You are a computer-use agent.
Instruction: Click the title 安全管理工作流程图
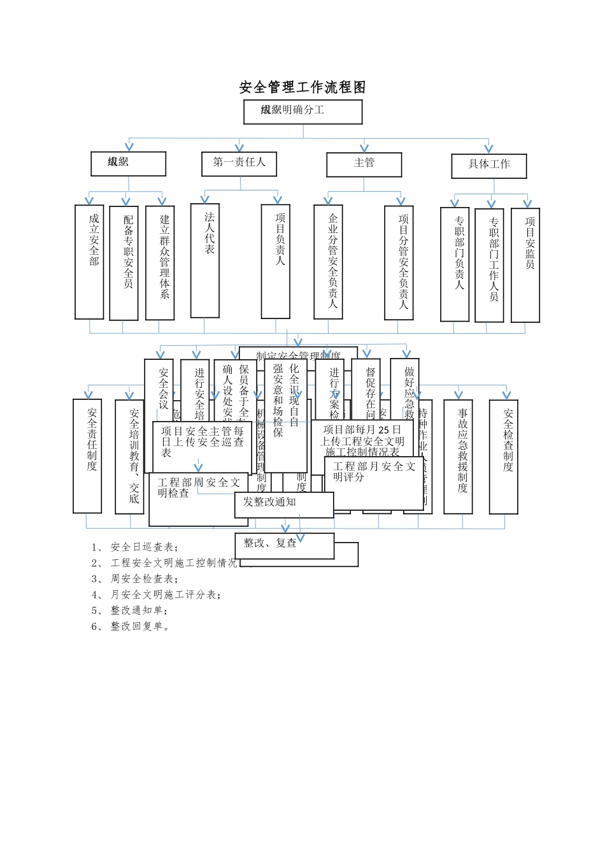click(x=302, y=87)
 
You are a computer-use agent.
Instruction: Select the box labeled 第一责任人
click(x=239, y=163)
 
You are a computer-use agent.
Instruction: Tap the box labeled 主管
click(x=364, y=164)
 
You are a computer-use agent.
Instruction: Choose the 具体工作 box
click(x=489, y=165)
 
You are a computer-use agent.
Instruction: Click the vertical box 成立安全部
click(x=89, y=261)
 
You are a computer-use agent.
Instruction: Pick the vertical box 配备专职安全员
click(x=124, y=262)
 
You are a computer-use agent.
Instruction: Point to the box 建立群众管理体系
click(x=160, y=262)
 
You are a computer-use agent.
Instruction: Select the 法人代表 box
click(x=205, y=260)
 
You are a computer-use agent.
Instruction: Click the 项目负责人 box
click(x=276, y=260)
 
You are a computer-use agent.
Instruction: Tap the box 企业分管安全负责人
click(x=328, y=262)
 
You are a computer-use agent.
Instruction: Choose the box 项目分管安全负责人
click(x=399, y=262)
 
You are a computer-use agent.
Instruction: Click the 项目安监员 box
click(x=525, y=265)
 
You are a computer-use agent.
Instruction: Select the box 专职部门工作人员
click(x=489, y=265)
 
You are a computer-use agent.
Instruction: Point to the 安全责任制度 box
click(x=87, y=455)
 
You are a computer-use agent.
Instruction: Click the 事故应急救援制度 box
click(x=458, y=456)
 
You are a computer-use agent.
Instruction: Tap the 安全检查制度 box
click(x=503, y=456)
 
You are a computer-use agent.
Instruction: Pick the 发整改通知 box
click(x=284, y=504)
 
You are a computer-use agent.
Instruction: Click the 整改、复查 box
click(x=284, y=545)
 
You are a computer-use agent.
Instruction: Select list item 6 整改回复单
click(x=131, y=627)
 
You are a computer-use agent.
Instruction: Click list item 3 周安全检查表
click(x=134, y=579)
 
